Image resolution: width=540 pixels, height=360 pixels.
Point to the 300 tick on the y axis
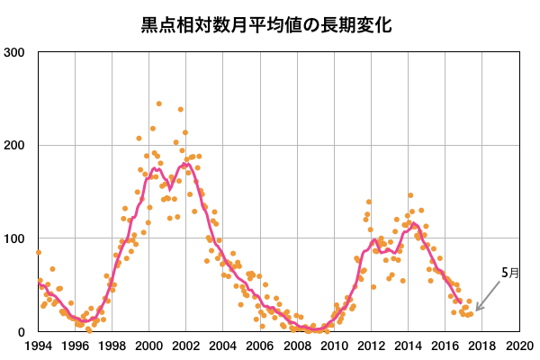pyautogui.click(x=15, y=52)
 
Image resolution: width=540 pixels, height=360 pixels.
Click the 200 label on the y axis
pyautogui.click(x=15, y=146)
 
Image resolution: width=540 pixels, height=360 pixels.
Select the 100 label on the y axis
pyautogui.click(x=15, y=238)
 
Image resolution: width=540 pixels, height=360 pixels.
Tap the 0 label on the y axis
pyautogui.click(x=23, y=332)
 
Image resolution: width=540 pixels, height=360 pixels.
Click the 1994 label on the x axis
pyautogui.click(x=38, y=346)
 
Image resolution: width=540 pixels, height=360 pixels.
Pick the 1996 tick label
pyautogui.click(x=75, y=346)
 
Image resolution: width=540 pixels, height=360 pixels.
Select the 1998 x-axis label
pyautogui.click(x=112, y=346)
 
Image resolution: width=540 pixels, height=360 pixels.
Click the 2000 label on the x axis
pyautogui.click(x=148, y=346)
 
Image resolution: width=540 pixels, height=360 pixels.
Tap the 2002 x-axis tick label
pyautogui.click(x=185, y=346)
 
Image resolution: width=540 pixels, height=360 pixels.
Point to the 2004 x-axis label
pyautogui.click(x=222, y=346)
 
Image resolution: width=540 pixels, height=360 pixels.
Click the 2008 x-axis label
pyautogui.click(x=297, y=346)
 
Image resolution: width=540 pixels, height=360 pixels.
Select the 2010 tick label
pyautogui.click(x=334, y=346)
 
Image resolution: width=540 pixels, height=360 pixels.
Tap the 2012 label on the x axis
pyautogui.click(x=371, y=346)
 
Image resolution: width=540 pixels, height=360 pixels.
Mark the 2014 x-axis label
pyautogui.click(x=408, y=346)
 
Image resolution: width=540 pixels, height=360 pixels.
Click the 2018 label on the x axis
pyautogui.click(x=481, y=346)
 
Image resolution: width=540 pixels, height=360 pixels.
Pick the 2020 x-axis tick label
pyautogui.click(x=518, y=346)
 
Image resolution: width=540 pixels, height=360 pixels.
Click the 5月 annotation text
pyautogui.click(x=509, y=272)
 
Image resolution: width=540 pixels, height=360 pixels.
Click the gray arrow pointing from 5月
pyautogui.click(x=491, y=295)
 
